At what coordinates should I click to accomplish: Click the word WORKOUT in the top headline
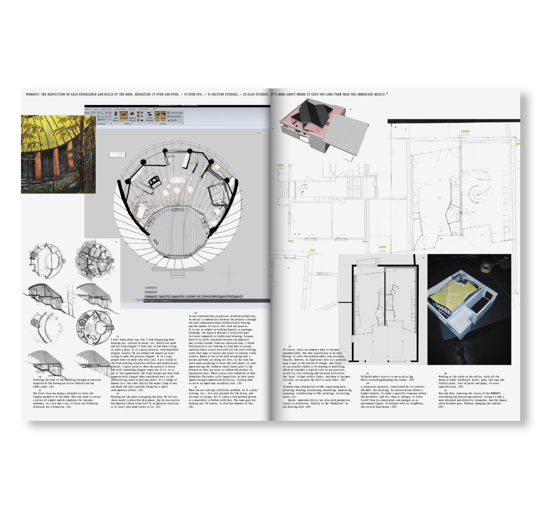coord(33,94)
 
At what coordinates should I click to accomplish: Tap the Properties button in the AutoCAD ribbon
coord(124,115)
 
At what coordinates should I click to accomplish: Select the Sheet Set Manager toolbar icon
coord(132,115)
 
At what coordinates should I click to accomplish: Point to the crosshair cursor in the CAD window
coord(229,273)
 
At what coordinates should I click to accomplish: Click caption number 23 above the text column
coord(195,313)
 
